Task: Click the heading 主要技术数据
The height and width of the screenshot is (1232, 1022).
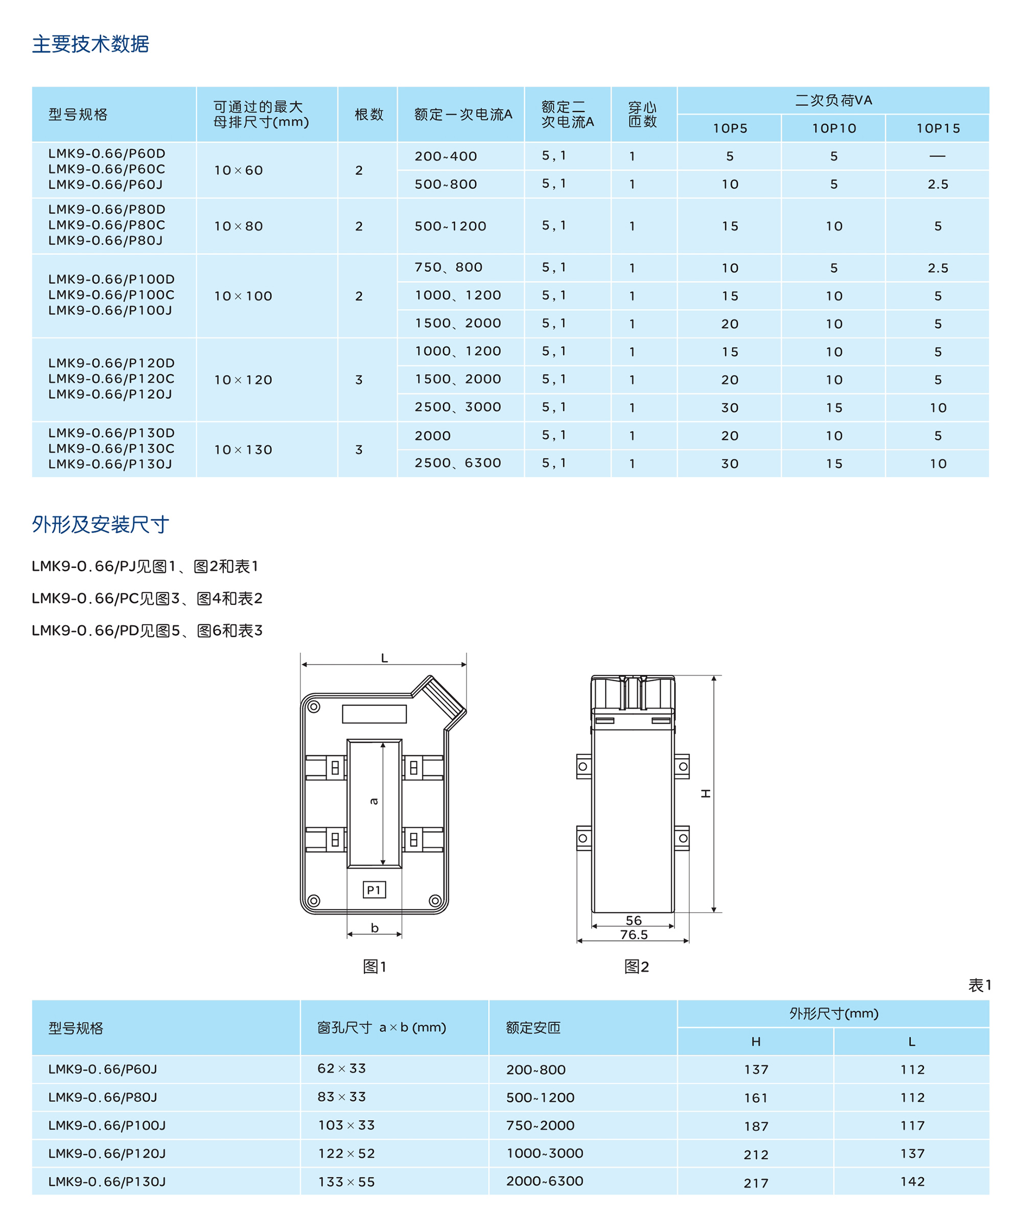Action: (90, 44)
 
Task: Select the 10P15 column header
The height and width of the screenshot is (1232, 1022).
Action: (938, 128)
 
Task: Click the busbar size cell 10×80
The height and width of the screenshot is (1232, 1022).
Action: (238, 226)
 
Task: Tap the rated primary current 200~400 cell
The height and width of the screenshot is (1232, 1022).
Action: (446, 156)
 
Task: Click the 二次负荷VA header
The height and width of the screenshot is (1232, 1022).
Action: (833, 101)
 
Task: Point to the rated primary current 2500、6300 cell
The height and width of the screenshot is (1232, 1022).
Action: (457, 464)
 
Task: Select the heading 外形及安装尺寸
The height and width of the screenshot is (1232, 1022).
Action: (100, 524)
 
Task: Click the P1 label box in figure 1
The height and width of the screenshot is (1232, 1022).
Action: (374, 890)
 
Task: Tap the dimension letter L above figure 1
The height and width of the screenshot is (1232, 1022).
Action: (385, 658)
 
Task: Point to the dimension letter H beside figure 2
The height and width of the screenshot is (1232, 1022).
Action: (706, 793)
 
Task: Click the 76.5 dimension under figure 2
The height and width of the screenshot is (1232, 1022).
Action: (634, 934)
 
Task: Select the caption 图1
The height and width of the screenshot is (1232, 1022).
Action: (374, 966)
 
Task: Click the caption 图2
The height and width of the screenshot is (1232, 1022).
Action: (636, 966)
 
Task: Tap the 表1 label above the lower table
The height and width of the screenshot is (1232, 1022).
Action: (979, 985)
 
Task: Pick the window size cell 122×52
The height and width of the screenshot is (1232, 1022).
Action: (346, 1153)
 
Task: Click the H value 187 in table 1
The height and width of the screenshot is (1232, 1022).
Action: (756, 1126)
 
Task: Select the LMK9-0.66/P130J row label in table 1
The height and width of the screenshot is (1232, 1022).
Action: (107, 1181)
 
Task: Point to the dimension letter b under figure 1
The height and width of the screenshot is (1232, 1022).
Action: (375, 927)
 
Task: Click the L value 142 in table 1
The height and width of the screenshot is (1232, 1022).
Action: (912, 1181)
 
